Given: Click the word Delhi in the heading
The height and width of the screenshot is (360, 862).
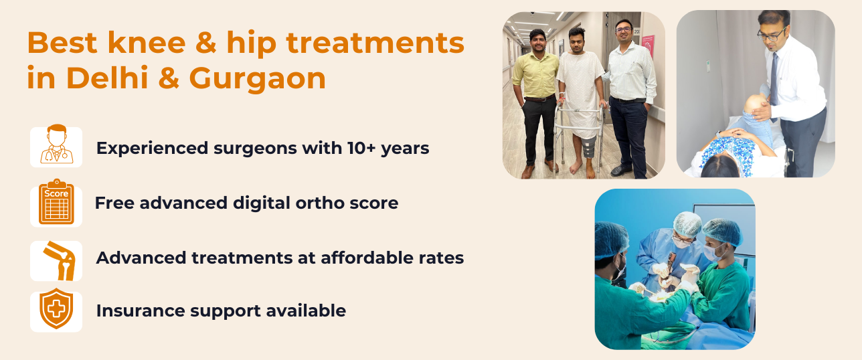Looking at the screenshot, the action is (x=107, y=78).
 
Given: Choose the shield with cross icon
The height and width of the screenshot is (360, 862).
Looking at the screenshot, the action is (x=56, y=308).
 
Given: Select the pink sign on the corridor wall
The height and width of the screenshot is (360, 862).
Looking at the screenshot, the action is (x=648, y=46).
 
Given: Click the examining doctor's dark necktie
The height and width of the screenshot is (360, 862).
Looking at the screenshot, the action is (x=774, y=84).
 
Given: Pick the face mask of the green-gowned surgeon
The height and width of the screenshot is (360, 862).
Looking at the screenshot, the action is (x=714, y=252).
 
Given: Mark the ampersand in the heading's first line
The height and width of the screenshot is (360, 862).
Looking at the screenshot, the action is (x=206, y=42).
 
